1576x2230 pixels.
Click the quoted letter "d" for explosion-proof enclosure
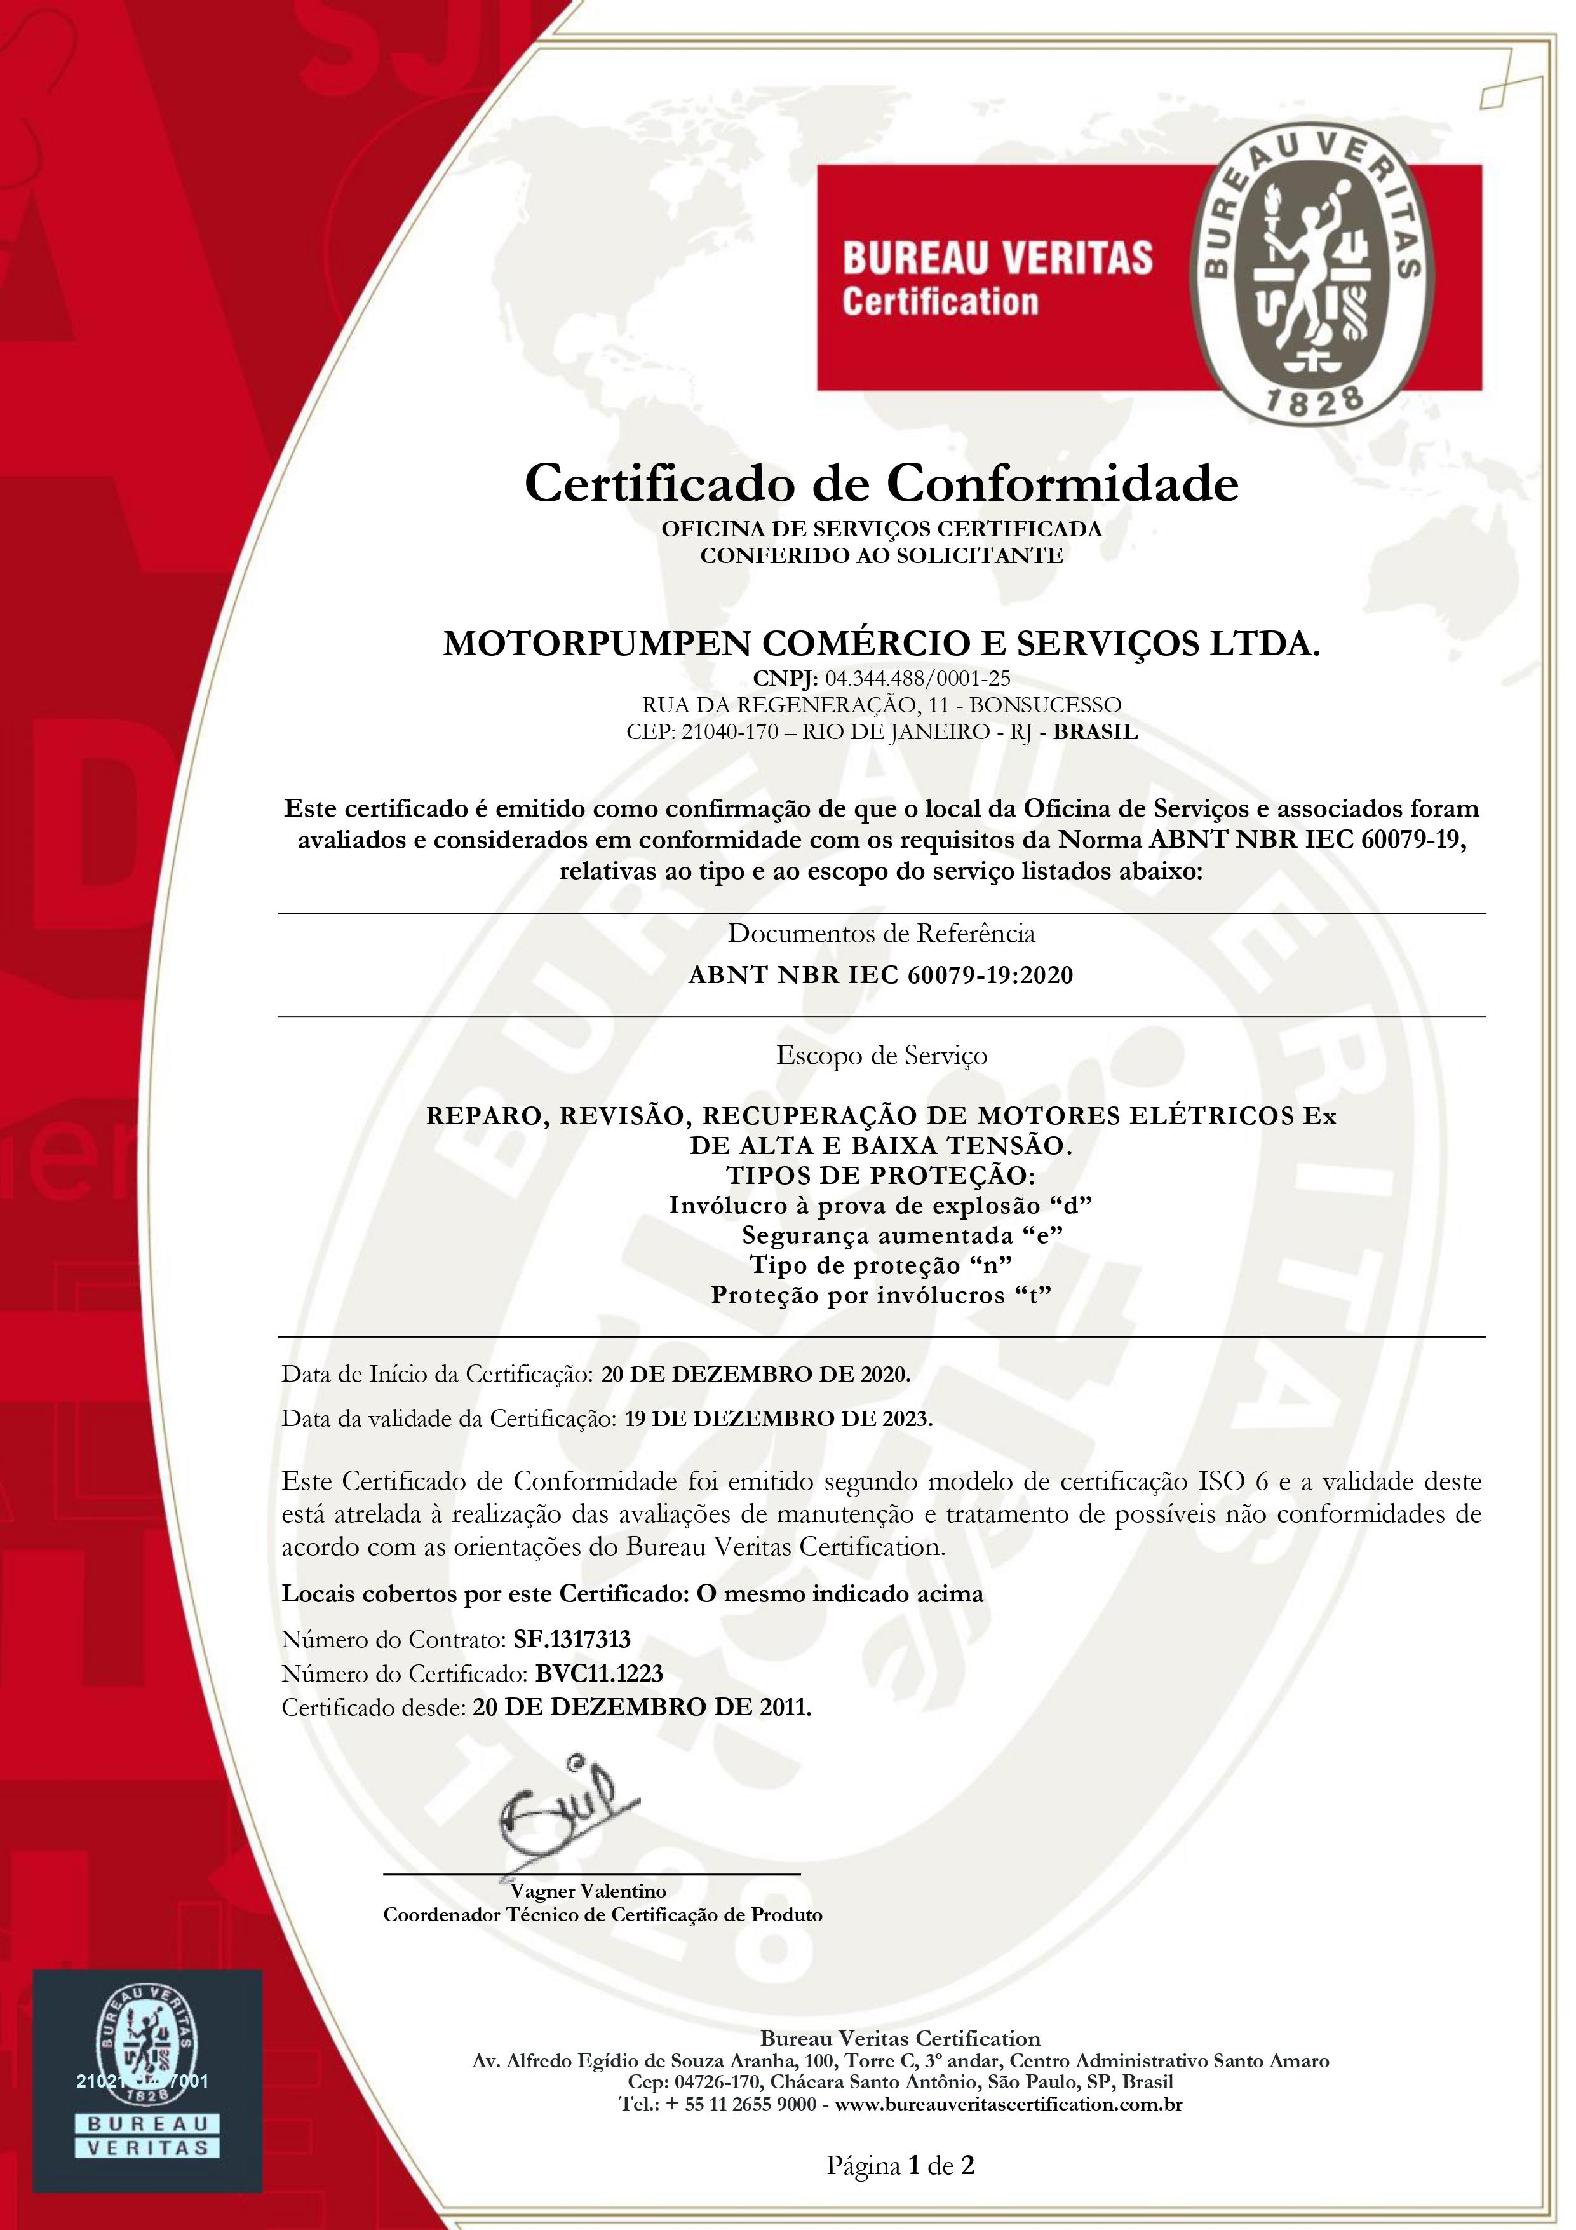click(1073, 1206)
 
